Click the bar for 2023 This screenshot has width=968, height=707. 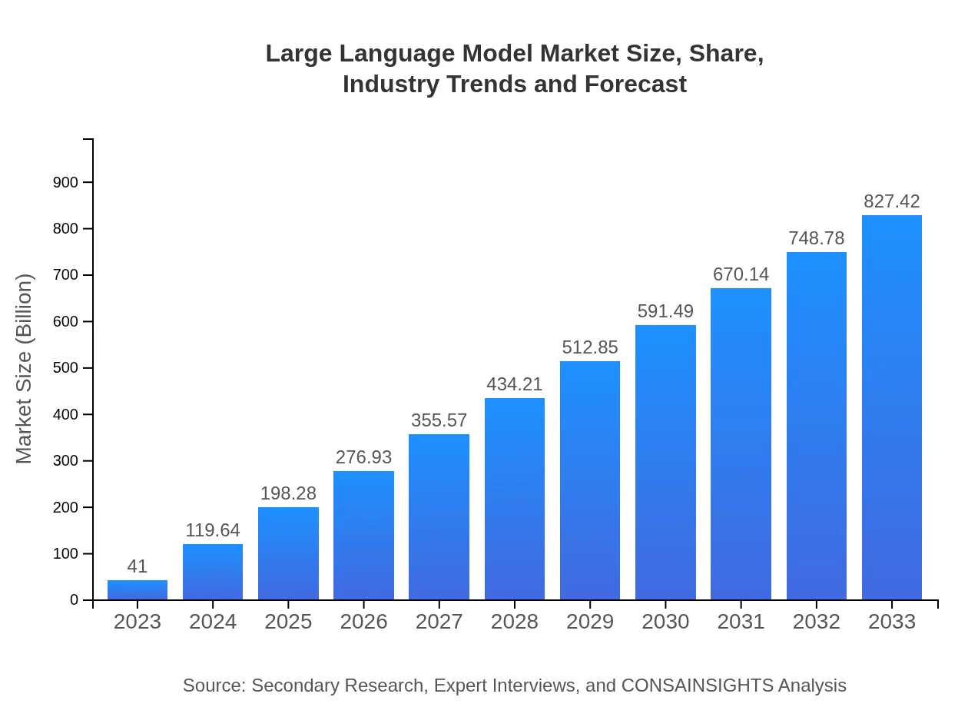[138, 590]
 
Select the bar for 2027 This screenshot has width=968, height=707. [439, 517]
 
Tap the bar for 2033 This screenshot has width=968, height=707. [891, 407]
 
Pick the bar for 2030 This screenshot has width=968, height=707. [665, 463]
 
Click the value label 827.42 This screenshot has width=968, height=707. [891, 201]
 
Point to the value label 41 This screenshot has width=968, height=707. [138, 566]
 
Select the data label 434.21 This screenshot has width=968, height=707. [514, 384]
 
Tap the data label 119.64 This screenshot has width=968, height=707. [213, 530]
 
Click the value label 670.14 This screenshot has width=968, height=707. [741, 274]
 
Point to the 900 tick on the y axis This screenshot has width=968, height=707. [65, 182]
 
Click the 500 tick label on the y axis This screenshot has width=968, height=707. [65, 368]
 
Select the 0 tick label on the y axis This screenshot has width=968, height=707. [75, 600]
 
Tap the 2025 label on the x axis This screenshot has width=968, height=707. [288, 622]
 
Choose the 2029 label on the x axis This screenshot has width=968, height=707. [590, 622]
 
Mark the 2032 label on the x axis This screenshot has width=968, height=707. [816, 622]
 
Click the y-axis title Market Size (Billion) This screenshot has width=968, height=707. [25, 369]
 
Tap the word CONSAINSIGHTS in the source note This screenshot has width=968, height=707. [696, 685]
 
